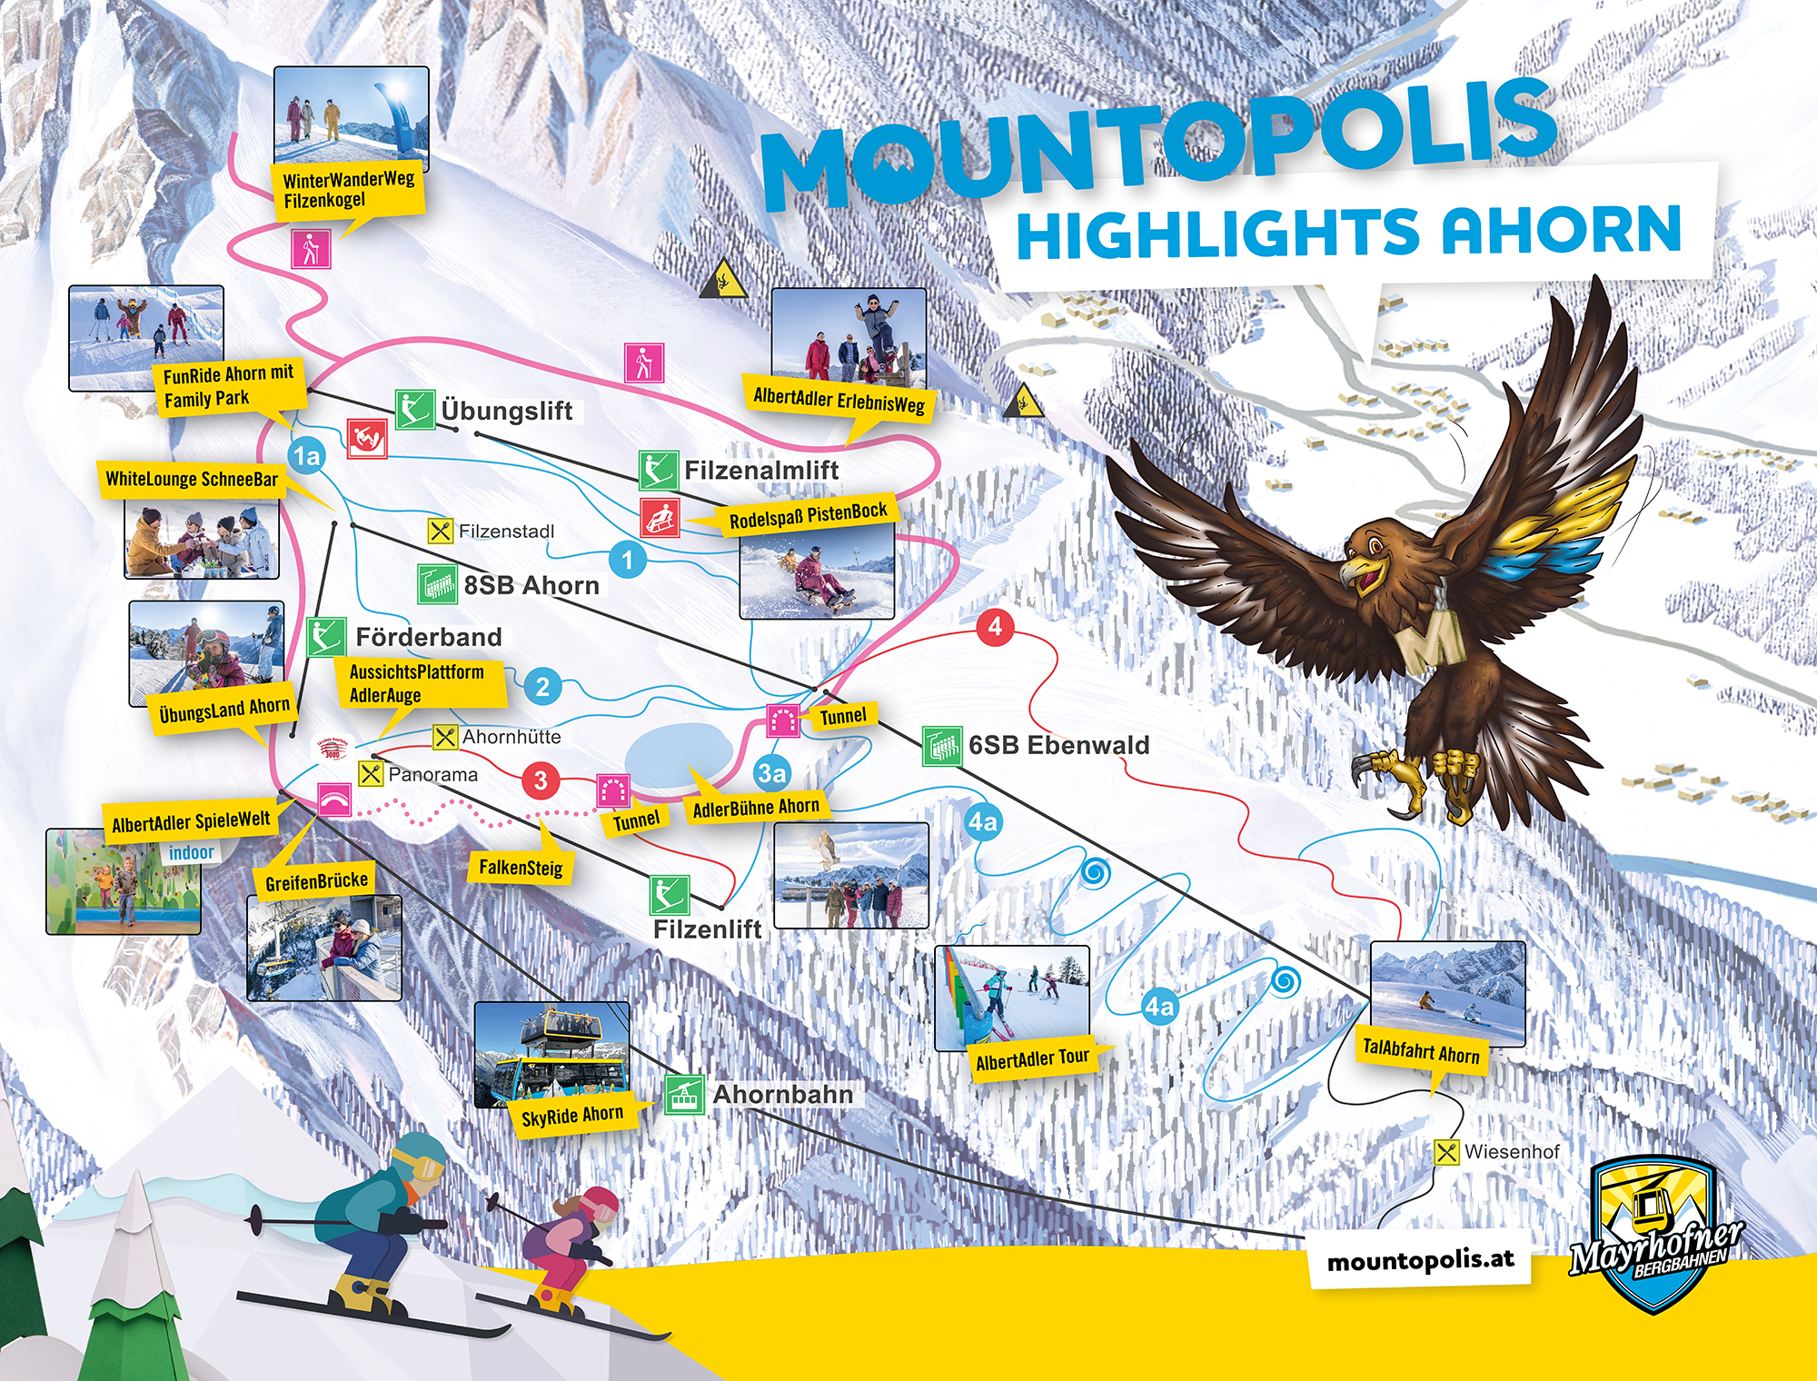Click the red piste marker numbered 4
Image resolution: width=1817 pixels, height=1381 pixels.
pos(996,627)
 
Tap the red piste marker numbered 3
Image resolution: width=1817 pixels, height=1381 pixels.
pos(541,780)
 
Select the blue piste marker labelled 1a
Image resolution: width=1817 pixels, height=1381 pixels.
pos(307,455)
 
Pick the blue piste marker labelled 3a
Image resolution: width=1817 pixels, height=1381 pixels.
pos(771,773)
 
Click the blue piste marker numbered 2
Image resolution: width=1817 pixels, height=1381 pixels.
pos(542,687)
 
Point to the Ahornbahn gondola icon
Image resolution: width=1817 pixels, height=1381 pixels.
pos(684,1095)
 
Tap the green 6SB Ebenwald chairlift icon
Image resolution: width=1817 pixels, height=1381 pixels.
pos(942,746)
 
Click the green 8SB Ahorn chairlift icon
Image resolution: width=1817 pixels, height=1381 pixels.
pos(438,584)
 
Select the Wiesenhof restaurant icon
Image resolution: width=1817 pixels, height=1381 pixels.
pos(1446,1152)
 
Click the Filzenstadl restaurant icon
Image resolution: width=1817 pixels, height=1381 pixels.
pos(441,531)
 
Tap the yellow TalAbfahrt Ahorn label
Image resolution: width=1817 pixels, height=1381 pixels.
pos(1421,1052)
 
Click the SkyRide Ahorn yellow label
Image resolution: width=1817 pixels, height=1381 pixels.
pos(572,1115)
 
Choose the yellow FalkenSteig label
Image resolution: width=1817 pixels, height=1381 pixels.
pos(521,868)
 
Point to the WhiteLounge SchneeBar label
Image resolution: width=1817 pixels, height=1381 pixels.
pos(192,479)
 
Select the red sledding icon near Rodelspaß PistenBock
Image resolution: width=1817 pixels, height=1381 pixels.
pos(660,517)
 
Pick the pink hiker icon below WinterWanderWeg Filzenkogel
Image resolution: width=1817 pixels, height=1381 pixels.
pos(311,248)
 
